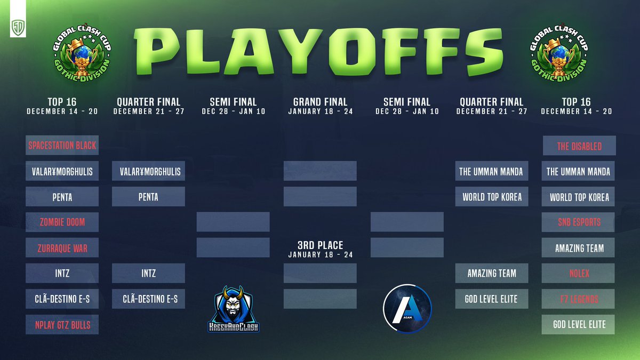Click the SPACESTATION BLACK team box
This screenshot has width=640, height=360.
tap(62, 145)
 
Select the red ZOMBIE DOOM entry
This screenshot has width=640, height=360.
tap(62, 222)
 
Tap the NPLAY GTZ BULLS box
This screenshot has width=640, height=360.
tap(62, 324)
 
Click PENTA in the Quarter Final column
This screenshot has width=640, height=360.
tap(148, 197)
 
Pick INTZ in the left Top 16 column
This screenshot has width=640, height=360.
tap(62, 273)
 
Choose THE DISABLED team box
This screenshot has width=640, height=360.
tap(579, 146)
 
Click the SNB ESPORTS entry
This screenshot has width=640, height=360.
tap(579, 222)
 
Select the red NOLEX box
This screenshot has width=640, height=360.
tap(579, 273)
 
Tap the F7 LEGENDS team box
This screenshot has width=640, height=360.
tap(579, 299)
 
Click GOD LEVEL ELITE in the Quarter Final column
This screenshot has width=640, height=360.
tap(491, 299)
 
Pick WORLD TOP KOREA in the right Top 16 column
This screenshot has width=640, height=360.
tap(579, 197)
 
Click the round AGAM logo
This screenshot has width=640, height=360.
tap(407, 308)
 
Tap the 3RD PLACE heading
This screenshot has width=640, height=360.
tap(320, 246)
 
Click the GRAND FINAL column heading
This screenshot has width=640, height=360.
tap(320, 101)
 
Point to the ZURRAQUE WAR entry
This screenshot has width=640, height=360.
tap(62, 248)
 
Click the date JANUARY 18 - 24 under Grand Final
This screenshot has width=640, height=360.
tap(320, 111)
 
